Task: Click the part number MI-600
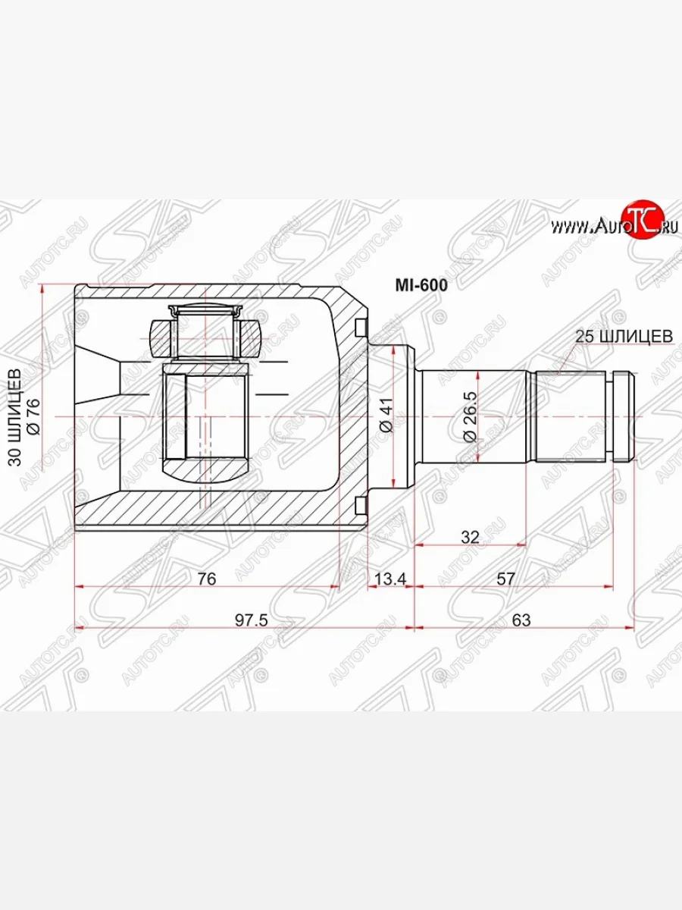[421, 286]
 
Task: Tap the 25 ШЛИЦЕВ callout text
[624, 336]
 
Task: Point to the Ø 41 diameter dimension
[386, 416]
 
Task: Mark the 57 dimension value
[506, 579]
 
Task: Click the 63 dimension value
[521, 620]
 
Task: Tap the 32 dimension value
[470, 538]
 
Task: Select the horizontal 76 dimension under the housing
[206, 579]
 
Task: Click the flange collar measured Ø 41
[405, 416]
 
